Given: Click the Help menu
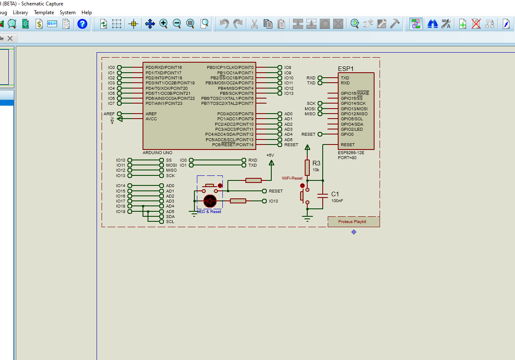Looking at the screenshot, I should [x=87, y=13].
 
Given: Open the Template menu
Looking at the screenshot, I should [x=44, y=13].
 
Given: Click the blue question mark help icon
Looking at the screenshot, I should [x=82, y=24].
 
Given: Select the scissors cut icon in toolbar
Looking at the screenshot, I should [x=254, y=24].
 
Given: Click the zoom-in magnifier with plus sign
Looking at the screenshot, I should [x=163, y=24].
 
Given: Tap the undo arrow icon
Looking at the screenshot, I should [x=224, y=24].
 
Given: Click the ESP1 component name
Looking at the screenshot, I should [x=346, y=69].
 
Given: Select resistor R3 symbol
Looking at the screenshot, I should [x=307, y=167].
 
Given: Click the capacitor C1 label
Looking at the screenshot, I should [x=335, y=194].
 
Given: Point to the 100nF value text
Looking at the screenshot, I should [x=337, y=201].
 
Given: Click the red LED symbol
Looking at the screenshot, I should [x=210, y=201].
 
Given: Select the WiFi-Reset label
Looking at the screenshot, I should [x=292, y=178].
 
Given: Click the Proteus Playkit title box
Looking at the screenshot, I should [x=352, y=222].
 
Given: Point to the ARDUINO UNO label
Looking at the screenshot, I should [x=157, y=153].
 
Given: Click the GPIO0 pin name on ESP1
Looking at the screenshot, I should [x=347, y=134].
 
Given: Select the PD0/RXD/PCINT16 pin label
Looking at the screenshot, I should [x=163, y=68].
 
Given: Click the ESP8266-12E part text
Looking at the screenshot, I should [x=351, y=153].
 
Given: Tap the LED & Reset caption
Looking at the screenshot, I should [x=209, y=212].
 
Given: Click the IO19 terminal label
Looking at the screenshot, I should [x=120, y=211].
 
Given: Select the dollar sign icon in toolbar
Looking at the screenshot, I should [x=39, y=24].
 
